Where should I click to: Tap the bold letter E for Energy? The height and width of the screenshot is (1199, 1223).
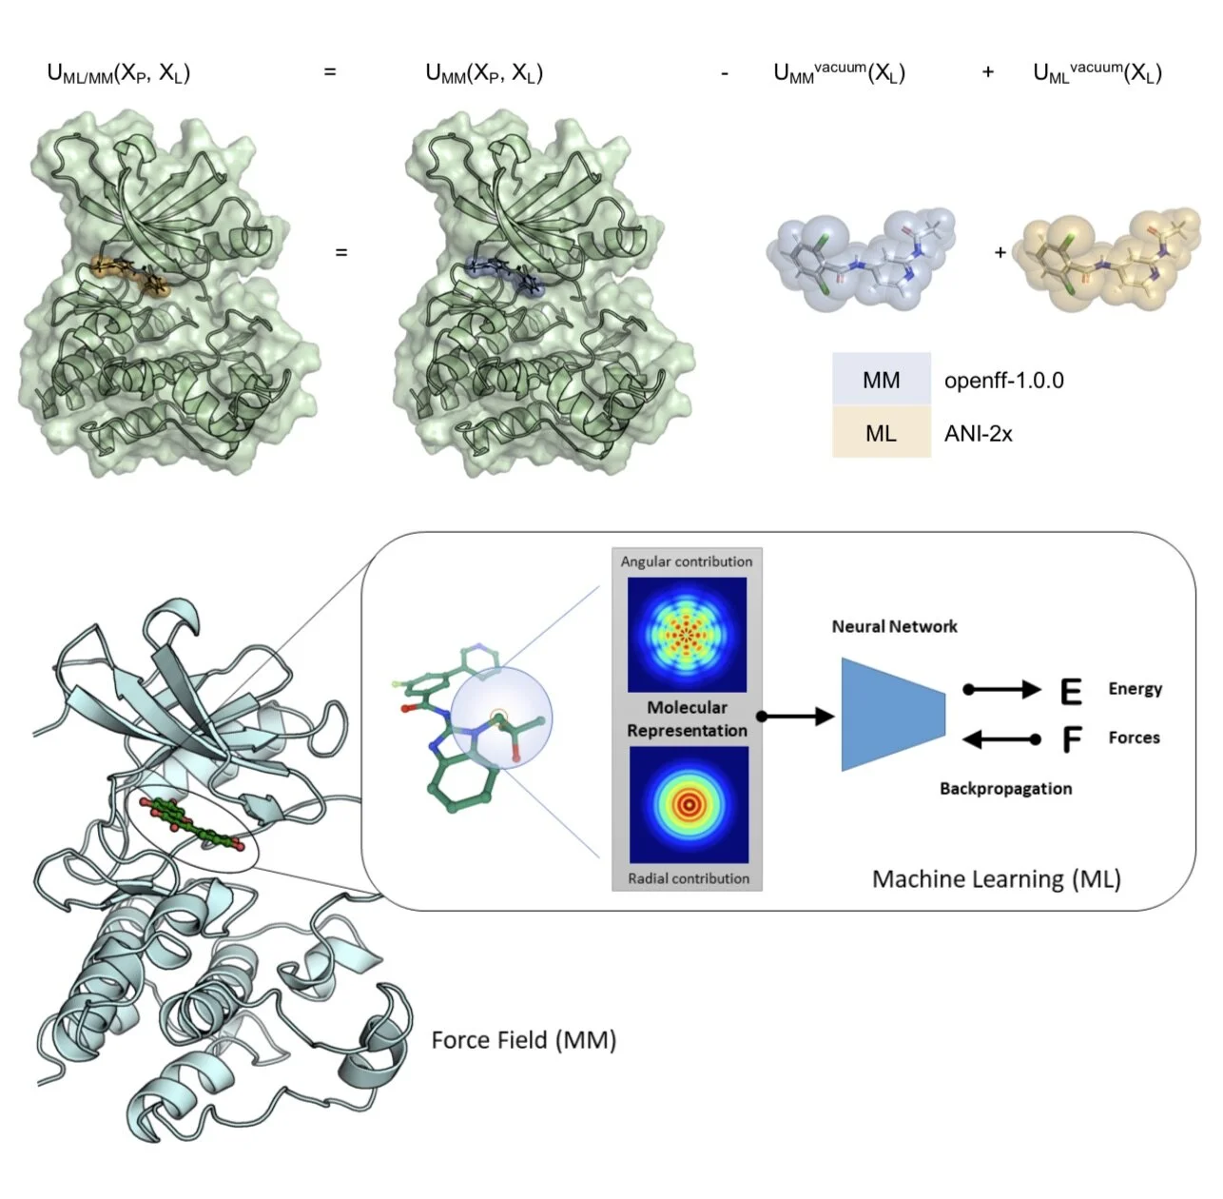click(1071, 691)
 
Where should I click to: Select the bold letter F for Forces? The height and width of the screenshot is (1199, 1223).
click(1072, 739)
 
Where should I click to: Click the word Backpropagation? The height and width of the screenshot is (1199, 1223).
click(1005, 789)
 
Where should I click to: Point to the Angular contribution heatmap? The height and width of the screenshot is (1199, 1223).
click(687, 634)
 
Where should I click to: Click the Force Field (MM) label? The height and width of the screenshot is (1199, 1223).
click(523, 1040)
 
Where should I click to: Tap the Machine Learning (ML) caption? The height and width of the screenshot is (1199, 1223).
click(996, 879)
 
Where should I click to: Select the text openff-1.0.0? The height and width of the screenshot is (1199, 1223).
click(1003, 381)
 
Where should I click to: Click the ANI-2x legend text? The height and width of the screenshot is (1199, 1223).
click(978, 434)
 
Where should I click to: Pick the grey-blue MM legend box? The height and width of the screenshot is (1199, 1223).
click(881, 380)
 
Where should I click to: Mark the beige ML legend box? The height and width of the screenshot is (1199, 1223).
click(881, 433)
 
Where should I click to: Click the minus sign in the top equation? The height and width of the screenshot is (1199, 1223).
click(725, 73)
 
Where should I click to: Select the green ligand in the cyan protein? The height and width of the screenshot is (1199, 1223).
click(194, 824)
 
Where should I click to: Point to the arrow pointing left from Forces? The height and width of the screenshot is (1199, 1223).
click(1001, 738)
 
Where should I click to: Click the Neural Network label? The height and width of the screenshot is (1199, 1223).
click(894, 626)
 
